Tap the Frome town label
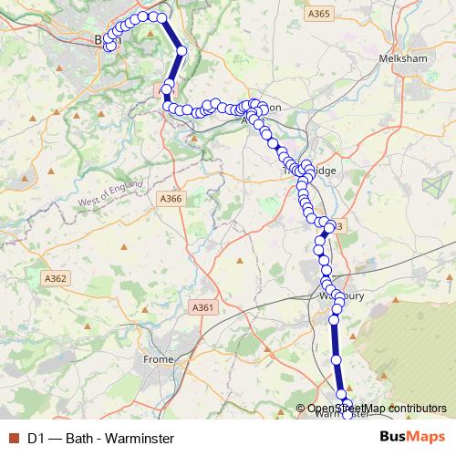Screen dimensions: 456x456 click(158, 359)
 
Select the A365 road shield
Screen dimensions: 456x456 click(318, 14)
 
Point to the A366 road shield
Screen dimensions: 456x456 click(171, 199)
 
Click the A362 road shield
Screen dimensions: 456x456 click(56, 278)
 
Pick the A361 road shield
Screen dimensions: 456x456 click(203, 308)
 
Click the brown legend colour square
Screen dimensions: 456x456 click(11, 438)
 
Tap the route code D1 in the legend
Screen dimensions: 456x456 click(36, 438)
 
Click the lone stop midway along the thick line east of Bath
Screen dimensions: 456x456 click(181, 51)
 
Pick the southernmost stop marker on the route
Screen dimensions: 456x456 click(347, 404)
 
